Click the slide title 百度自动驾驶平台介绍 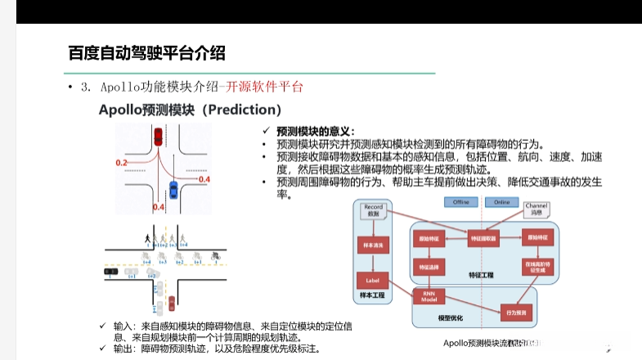(x=146, y=53)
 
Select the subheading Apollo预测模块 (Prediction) (x=190, y=109)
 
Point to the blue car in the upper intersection (x=172, y=188)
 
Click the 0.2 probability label (x=122, y=164)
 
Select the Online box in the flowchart (x=501, y=202)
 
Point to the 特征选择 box (x=429, y=266)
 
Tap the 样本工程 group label (x=373, y=299)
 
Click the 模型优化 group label (x=451, y=317)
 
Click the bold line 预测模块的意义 (x=315, y=131)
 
